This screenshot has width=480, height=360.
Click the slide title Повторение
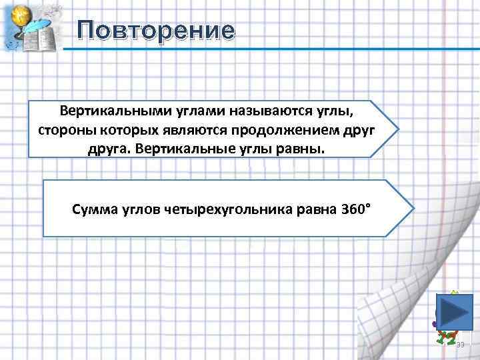(x=156, y=31)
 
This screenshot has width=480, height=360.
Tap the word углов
(x=137, y=211)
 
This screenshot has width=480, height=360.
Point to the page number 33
(x=460, y=345)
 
